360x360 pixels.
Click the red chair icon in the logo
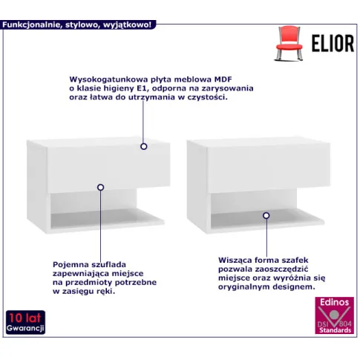pos(289,43)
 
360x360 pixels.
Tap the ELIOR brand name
pos(333,44)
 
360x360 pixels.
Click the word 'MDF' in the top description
pos(223,79)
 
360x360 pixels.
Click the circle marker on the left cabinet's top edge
pos(144,146)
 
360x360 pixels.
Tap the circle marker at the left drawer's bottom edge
pos(100,187)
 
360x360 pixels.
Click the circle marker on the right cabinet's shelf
pos(266,215)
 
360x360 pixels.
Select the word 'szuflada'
pos(109,264)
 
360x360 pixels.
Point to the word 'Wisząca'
pos(235,261)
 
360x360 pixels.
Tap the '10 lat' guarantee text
pos(25,318)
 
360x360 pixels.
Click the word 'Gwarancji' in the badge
pos(25,328)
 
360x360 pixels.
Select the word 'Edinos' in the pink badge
pos(334,302)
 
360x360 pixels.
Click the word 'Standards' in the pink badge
pos(335,330)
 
